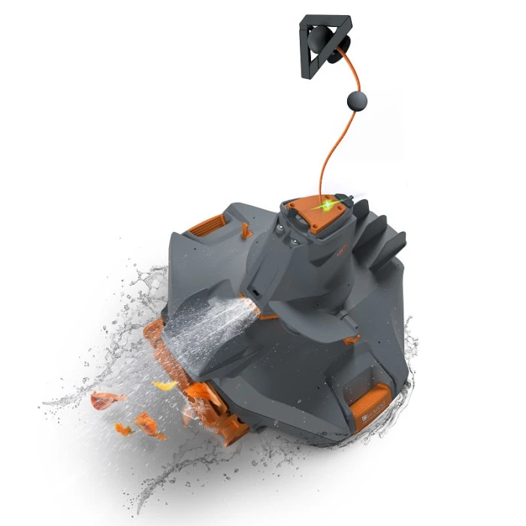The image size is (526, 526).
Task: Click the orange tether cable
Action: click(x=331, y=150)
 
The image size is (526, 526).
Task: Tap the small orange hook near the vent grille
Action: click(x=246, y=230)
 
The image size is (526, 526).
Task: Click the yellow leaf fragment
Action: click(x=165, y=385)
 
